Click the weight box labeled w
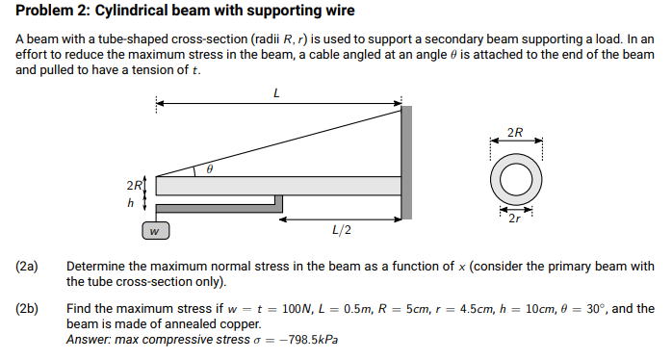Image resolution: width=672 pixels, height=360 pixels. [155, 230]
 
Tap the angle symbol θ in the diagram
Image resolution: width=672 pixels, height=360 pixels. [208, 167]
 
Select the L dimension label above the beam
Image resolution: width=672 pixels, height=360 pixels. [276, 92]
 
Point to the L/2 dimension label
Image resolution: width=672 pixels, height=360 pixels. [341, 230]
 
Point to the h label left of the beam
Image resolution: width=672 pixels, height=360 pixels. [131, 204]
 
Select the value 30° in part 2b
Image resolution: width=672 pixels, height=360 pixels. [592, 309]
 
